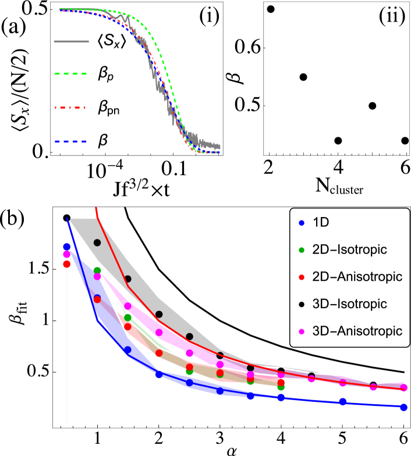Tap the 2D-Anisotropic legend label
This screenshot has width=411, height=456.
[x=357, y=277]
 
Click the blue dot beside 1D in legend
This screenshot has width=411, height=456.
[x=301, y=223]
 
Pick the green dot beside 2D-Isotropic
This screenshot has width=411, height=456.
[x=301, y=250]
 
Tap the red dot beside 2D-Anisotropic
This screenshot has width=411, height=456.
[x=301, y=277]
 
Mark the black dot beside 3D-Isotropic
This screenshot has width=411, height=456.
[x=301, y=305]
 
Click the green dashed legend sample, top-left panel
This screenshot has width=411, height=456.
[x=70, y=74]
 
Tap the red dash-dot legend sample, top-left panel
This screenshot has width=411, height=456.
[x=70, y=108]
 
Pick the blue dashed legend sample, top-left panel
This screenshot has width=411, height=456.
[x=70, y=141]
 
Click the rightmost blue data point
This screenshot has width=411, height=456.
[x=403, y=407]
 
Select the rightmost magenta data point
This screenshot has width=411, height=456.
[x=403, y=387]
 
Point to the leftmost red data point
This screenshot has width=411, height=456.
[x=66, y=264]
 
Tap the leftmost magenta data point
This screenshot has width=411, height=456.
[x=66, y=254]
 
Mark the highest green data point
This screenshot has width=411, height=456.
[x=97, y=270]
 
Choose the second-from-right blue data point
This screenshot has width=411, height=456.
[x=343, y=402]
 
